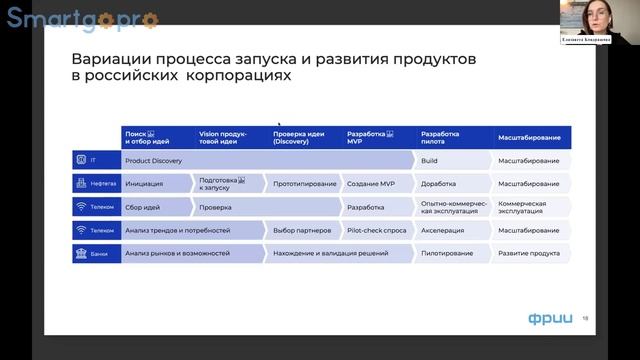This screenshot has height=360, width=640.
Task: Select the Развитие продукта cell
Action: (x=531, y=254)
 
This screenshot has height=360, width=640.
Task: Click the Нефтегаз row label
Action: (x=95, y=184)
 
